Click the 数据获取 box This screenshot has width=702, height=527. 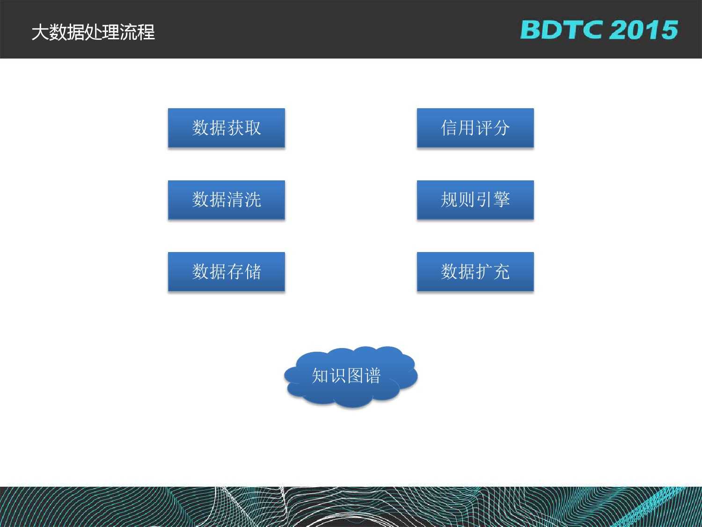(x=227, y=128)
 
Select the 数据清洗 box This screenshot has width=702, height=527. (x=227, y=200)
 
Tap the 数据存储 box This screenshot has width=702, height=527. (x=227, y=272)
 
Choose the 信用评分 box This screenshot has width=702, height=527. (x=475, y=128)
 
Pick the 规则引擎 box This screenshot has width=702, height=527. (x=475, y=200)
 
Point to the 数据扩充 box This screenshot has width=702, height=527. (x=475, y=272)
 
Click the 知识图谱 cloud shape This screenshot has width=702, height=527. (x=350, y=376)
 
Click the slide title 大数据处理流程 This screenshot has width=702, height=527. (x=93, y=32)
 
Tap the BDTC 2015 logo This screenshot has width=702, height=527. (x=599, y=30)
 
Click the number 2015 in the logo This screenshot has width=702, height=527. (x=644, y=30)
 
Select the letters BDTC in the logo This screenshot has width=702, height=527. (x=562, y=30)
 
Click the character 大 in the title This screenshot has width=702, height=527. (x=40, y=32)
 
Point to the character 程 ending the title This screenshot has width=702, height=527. (x=146, y=32)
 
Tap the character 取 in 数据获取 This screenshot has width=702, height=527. (x=253, y=128)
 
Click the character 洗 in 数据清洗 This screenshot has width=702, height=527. (x=253, y=200)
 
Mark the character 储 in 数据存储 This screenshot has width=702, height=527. (x=253, y=272)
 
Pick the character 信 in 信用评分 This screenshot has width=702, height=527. (x=449, y=128)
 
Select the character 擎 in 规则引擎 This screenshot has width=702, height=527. (x=501, y=200)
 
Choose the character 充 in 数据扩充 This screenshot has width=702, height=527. (x=501, y=272)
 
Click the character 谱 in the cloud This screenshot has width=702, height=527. (x=373, y=376)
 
